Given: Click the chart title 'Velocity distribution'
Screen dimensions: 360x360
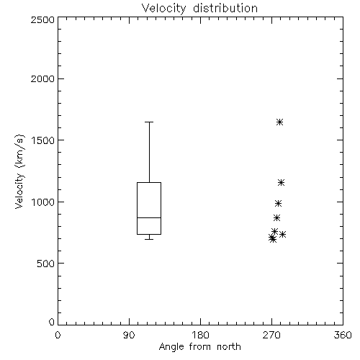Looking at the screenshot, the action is (199, 9).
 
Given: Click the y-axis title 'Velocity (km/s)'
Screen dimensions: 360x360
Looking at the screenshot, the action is (19, 171).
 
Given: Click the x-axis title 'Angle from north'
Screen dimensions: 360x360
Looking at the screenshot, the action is (199, 347).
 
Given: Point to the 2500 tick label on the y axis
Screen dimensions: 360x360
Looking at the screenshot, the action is (42, 19).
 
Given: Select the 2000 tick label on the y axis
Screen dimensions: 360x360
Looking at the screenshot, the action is (42, 78).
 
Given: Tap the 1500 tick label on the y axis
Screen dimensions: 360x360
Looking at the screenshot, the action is (43, 140).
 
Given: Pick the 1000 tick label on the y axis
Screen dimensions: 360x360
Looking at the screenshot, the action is (43, 202).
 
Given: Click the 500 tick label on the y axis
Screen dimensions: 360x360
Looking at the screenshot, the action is (46, 264).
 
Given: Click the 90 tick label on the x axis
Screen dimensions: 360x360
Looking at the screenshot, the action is (129, 335).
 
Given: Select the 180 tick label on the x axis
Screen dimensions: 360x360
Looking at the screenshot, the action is (200, 335).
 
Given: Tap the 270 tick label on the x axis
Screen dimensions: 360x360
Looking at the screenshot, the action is (271, 335).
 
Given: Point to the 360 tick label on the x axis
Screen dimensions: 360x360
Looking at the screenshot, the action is (343, 335).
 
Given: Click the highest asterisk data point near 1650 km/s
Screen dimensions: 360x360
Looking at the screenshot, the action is (279, 122).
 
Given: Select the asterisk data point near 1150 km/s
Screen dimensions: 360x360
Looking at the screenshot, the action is (281, 183).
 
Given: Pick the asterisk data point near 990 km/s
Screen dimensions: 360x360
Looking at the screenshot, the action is (278, 204).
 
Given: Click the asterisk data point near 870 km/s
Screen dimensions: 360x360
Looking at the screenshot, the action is (276, 218).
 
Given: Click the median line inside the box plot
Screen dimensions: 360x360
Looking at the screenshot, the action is (149, 217).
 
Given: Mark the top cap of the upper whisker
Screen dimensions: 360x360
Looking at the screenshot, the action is (149, 122).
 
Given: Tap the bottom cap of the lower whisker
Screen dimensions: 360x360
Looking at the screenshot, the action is (149, 239).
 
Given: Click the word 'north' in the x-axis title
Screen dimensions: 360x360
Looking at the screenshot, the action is (229, 347).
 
